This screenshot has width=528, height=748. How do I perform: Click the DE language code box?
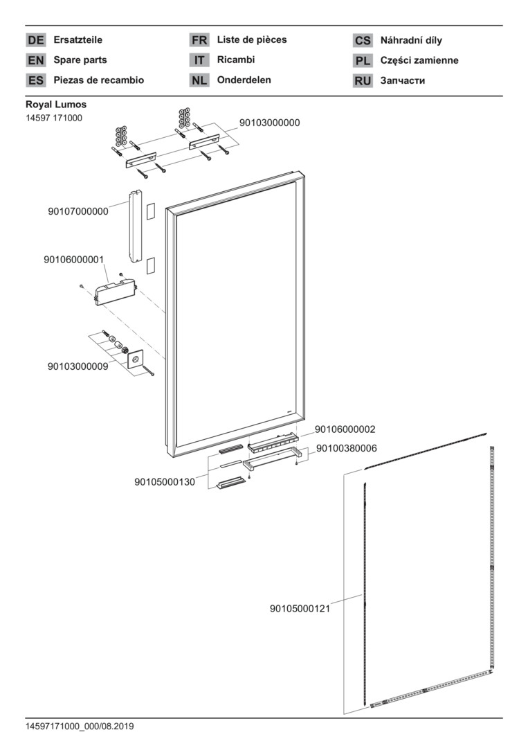click(x=35, y=41)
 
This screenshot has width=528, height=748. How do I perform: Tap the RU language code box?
click(x=363, y=81)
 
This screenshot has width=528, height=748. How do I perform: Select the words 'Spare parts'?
click(x=80, y=60)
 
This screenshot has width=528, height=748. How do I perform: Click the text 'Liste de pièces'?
click(x=251, y=40)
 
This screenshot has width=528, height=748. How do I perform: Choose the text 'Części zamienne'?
click(x=419, y=60)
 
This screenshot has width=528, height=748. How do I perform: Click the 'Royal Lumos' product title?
click(x=56, y=105)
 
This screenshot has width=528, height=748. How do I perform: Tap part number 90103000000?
click(x=269, y=123)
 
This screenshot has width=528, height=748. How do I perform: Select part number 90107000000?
click(x=78, y=211)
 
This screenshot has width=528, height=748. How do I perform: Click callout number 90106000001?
click(x=73, y=260)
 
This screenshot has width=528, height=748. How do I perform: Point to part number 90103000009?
click(x=78, y=366)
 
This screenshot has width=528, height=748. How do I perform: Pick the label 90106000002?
click(x=345, y=429)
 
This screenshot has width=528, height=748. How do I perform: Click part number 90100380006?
click(x=347, y=448)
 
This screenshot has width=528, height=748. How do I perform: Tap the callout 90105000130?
click(x=165, y=481)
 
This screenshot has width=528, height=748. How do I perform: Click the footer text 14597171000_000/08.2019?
click(x=80, y=727)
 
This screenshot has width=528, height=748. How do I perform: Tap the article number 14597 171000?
click(x=54, y=118)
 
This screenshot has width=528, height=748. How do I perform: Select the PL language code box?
click(x=363, y=61)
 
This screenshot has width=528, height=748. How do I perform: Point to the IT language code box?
click(x=199, y=61)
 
